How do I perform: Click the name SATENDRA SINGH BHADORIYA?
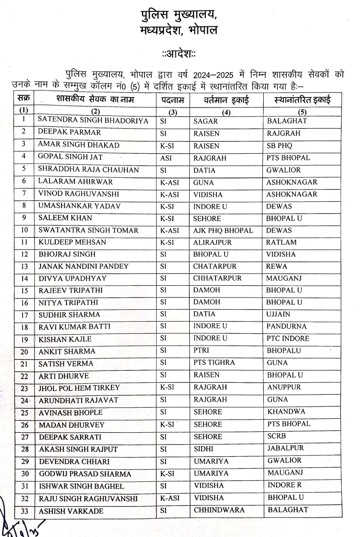92,121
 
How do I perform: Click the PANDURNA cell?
286,326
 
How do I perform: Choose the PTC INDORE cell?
287,339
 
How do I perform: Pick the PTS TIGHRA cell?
215,363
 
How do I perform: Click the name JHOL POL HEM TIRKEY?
79,388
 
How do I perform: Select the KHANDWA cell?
286,412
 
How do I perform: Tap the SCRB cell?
276,436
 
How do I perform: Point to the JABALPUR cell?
285,448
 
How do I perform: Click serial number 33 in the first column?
24,511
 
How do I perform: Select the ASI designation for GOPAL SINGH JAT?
166,158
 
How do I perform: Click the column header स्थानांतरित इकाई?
302,100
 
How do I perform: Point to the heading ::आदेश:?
179,54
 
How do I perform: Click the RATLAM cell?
281,242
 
